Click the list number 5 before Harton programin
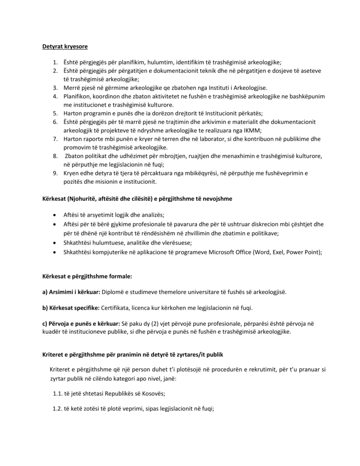pyautogui.click(x=54, y=113)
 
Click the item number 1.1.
pyautogui.click(x=57, y=394)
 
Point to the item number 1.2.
pyautogui.click(x=57, y=409)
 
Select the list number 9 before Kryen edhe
pyautogui.click(x=54, y=173)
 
